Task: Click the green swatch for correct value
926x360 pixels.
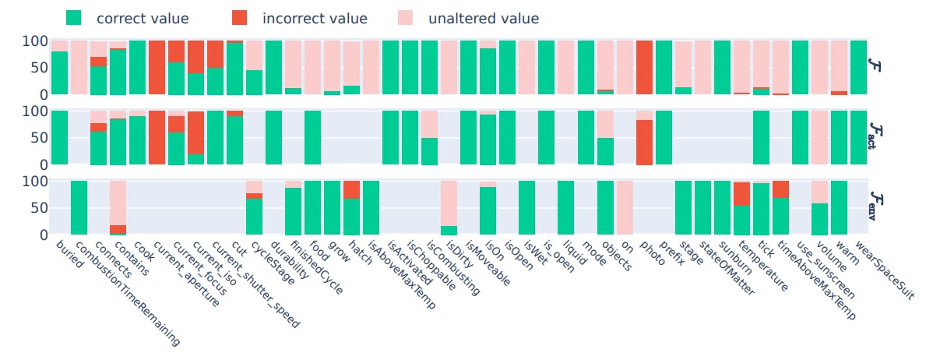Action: (x=74, y=18)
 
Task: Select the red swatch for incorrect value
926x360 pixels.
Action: (x=241, y=18)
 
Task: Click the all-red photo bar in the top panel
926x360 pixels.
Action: (x=644, y=68)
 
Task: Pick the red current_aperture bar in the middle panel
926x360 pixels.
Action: (x=157, y=137)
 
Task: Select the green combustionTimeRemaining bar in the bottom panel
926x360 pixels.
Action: (x=79, y=207)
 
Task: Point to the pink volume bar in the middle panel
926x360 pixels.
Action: (x=819, y=137)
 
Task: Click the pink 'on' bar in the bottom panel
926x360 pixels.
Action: (x=625, y=207)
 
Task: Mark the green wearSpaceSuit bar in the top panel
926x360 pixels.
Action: (x=858, y=68)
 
